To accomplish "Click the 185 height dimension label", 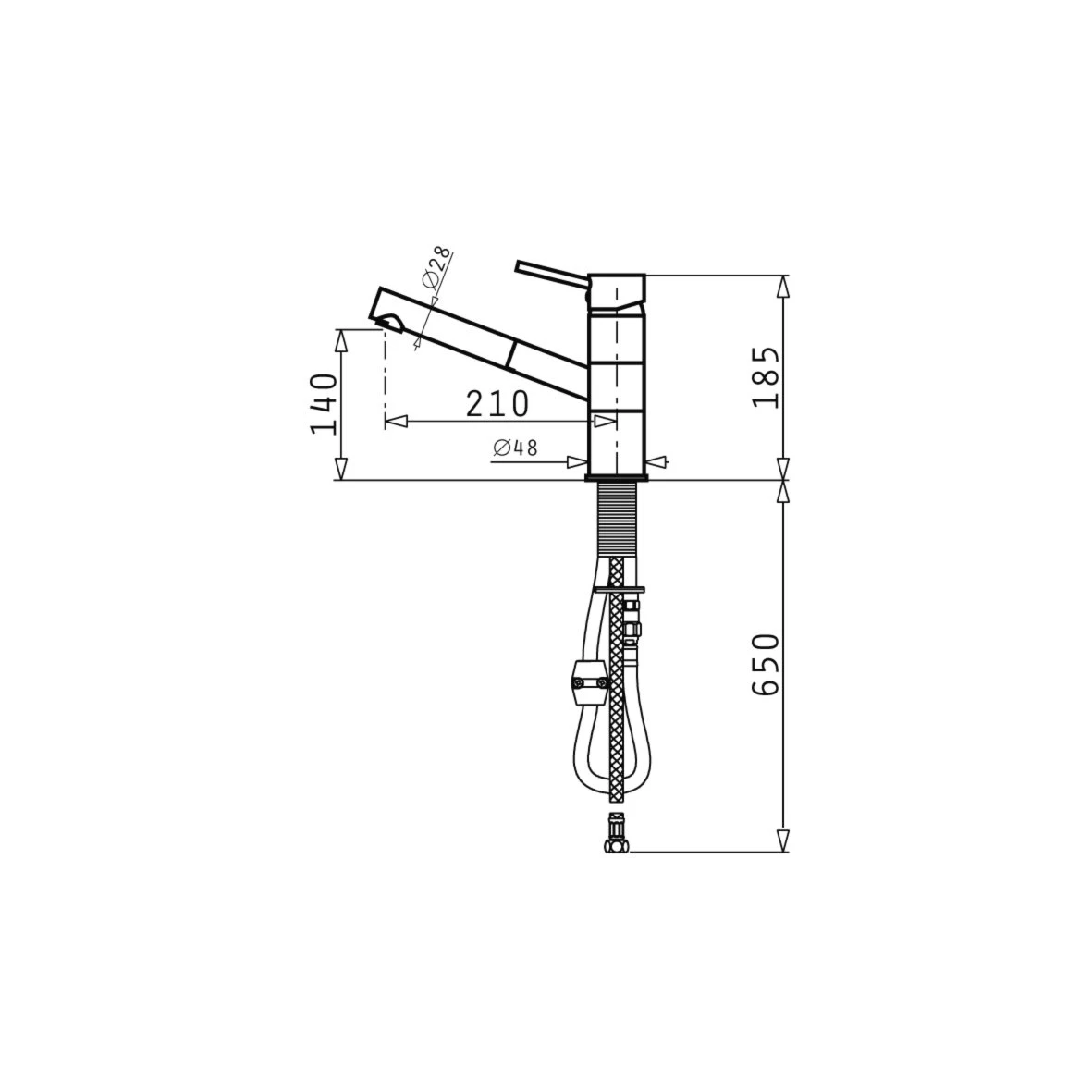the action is (767, 376).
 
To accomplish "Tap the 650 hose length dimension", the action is (767, 665).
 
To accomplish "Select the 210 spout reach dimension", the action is (497, 403).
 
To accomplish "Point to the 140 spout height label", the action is (324, 404).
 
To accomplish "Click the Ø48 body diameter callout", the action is (515, 448).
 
